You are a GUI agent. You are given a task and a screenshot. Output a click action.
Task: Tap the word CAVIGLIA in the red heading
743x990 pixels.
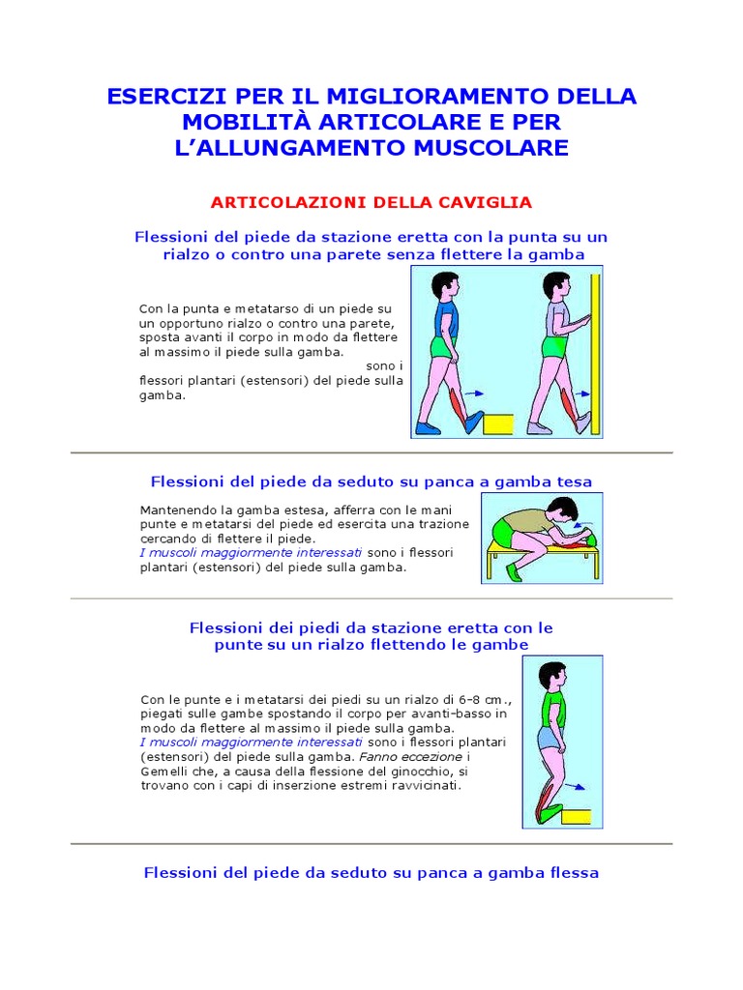click(488, 202)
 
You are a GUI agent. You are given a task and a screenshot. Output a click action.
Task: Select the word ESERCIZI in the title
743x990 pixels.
click(163, 97)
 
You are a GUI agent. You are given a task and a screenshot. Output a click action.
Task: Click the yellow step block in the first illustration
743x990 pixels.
click(497, 424)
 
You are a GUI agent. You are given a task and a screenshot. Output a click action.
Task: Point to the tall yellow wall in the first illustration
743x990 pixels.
click(595, 353)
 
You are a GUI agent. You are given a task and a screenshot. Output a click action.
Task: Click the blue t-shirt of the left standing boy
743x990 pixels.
click(446, 318)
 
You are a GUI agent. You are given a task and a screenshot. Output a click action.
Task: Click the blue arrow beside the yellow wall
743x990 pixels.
click(582, 394)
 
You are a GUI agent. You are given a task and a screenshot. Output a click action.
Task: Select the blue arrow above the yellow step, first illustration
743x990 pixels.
click(472, 394)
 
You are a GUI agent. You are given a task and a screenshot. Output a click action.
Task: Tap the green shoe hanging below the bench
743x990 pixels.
click(513, 571)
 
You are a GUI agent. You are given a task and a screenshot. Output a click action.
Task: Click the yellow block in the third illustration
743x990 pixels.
click(577, 815)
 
